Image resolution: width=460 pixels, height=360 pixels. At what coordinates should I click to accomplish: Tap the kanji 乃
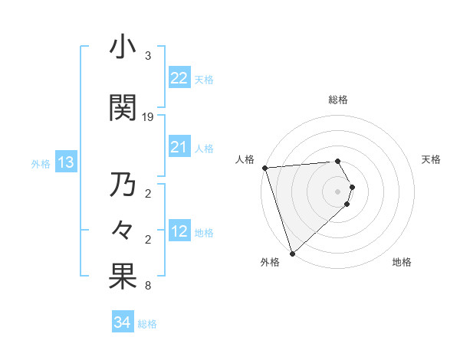[122, 185]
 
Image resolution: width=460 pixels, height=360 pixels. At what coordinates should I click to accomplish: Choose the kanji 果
[122, 278]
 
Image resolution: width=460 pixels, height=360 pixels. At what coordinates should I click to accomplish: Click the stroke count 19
[148, 117]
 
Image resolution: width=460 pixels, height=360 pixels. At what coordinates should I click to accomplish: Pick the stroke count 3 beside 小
[148, 56]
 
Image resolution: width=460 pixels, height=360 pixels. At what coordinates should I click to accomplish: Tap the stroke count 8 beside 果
[148, 286]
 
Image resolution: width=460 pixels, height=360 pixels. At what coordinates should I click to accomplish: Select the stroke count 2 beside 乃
[148, 194]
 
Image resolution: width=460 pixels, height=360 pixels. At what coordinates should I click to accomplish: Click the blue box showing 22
[179, 78]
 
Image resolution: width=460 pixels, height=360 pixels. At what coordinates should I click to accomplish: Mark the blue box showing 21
[179, 148]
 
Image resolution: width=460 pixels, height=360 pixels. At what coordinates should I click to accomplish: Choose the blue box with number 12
[179, 232]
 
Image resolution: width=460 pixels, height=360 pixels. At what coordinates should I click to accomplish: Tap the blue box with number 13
[65, 162]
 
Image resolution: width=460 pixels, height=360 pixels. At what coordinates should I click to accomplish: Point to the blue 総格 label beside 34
[147, 324]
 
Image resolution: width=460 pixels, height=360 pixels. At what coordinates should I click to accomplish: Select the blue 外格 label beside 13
[41, 164]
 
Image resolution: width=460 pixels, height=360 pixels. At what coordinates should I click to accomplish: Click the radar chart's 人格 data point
[264, 168]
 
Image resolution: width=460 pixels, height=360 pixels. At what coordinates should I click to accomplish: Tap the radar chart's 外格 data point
[292, 252]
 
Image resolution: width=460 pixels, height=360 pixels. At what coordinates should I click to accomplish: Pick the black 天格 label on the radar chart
[432, 159]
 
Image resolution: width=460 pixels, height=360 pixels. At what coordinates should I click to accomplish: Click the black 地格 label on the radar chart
[402, 262]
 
